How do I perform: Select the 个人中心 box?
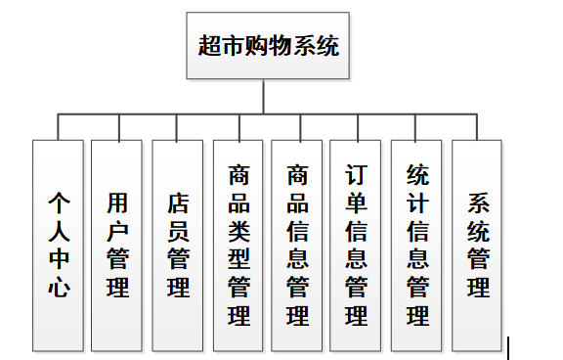click(58, 245)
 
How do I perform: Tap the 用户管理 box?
click(117, 245)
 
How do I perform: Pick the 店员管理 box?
click(178, 245)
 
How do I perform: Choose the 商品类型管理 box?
click(238, 245)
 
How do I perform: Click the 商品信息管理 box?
click(297, 245)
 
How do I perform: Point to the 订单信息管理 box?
click(357, 245)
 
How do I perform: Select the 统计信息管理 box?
click(417, 245)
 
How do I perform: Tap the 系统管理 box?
click(478, 245)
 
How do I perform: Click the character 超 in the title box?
click(208, 45)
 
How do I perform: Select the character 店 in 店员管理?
click(179, 203)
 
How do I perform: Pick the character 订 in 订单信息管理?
click(357, 175)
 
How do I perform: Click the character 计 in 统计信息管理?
click(417, 203)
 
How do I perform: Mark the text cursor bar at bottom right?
click(507, 347)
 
